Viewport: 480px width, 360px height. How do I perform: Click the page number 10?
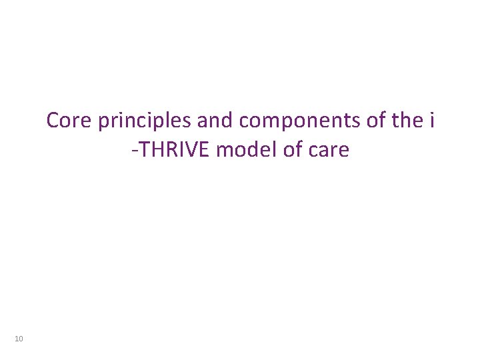pyautogui.click(x=19, y=340)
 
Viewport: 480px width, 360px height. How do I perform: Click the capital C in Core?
pyautogui.click(x=53, y=121)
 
